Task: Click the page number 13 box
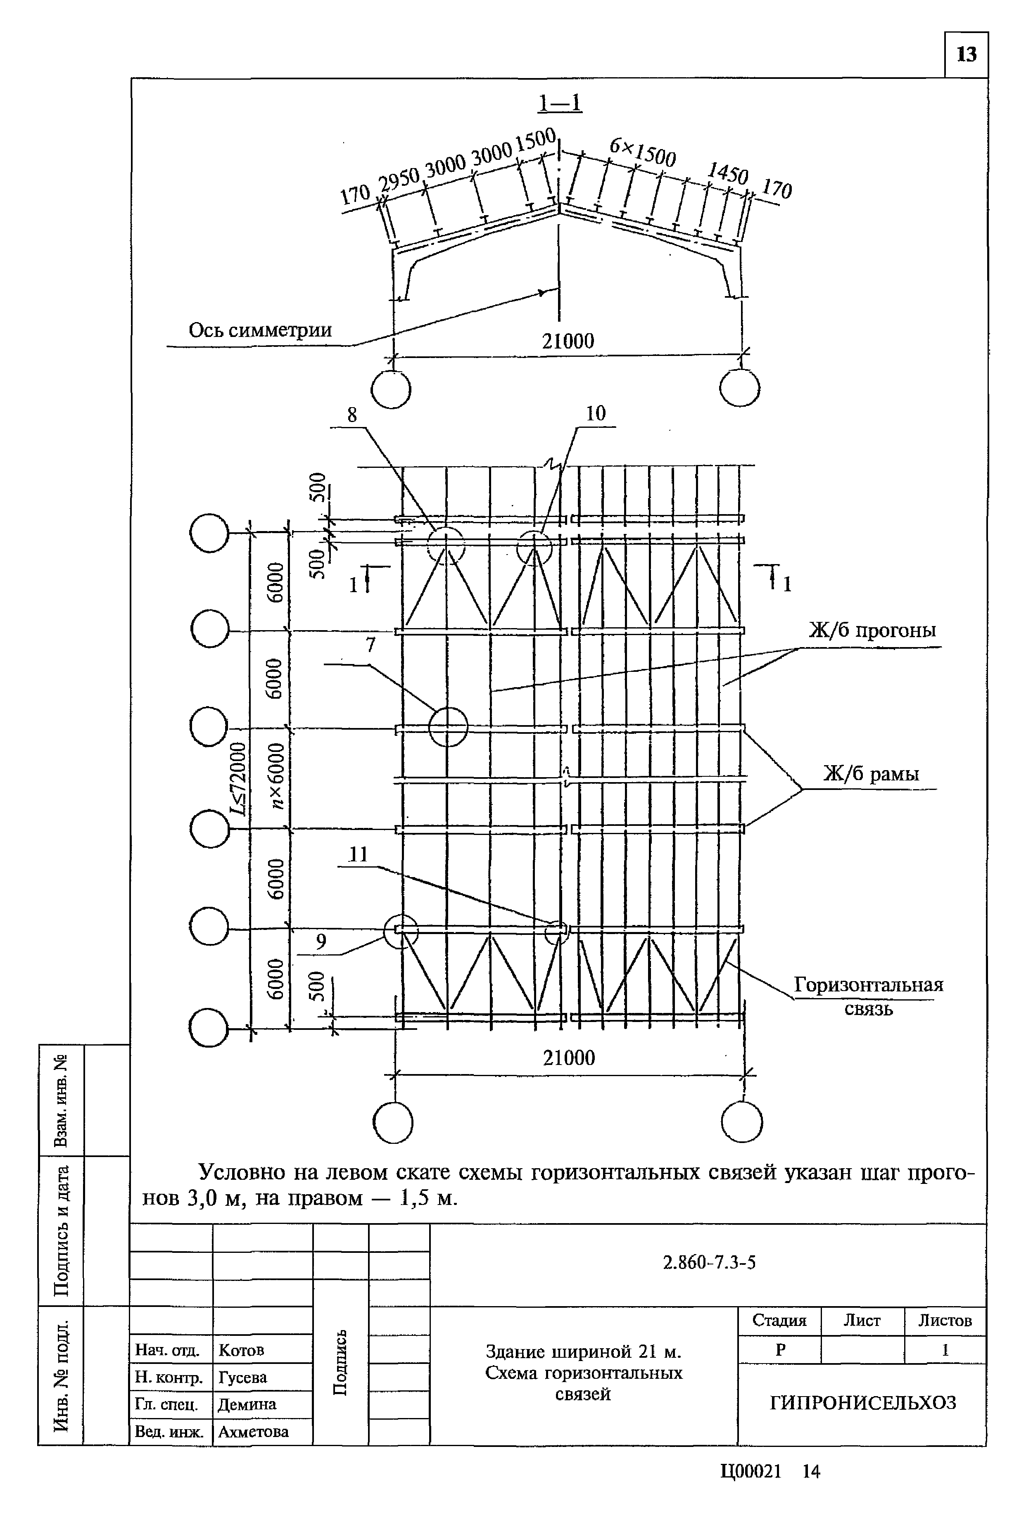[x=966, y=55]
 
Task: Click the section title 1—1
[x=559, y=103]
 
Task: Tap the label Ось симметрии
[x=260, y=330]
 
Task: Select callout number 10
[x=595, y=413]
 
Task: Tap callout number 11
[x=358, y=854]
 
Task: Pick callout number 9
[x=320, y=942]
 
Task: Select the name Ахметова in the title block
[x=253, y=1432]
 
